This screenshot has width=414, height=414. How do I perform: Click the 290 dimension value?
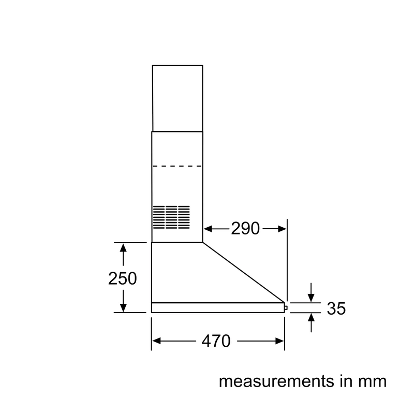(x=245, y=228)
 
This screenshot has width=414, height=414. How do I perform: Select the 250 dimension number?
(x=123, y=278)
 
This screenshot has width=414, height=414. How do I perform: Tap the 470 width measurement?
(x=216, y=341)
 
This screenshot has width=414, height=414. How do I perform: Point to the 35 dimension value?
(x=336, y=308)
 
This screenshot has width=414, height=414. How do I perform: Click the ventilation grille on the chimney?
(x=171, y=217)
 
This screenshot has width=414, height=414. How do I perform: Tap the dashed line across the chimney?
(x=177, y=166)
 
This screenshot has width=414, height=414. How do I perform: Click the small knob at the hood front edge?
(x=286, y=307)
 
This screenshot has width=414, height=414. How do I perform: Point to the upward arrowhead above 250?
(x=123, y=248)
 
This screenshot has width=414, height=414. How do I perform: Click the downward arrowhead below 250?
(x=123, y=307)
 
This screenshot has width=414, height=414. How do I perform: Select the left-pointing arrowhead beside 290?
(x=209, y=229)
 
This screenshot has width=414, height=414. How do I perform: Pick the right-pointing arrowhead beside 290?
(x=282, y=229)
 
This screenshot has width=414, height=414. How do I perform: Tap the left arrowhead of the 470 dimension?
(x=157, y=341)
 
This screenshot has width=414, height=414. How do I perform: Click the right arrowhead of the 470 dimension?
(x=279, y=341)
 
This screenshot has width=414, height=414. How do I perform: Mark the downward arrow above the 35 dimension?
(x=311, y=292)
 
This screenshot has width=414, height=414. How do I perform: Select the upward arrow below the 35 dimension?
(x=311, y=322)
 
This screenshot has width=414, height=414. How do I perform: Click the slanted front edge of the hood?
(x=244, y=272)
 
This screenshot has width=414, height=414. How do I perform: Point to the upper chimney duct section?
(x=178, y=98)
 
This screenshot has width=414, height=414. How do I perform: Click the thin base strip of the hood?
(x=218, y=307)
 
